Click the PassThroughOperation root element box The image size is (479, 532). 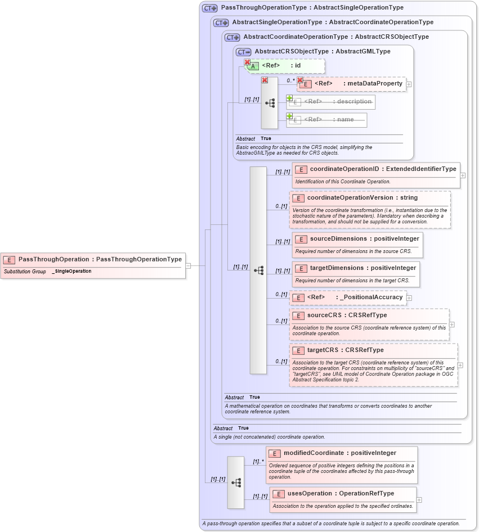(x=93, y=260)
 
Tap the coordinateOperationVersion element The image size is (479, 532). (x=362, y=198)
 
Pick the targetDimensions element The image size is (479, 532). (x=362, y=268)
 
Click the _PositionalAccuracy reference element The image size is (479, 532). (x=355, y=297)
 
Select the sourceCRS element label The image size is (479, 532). (x=347, y=315)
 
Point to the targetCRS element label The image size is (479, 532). (x=345, y=350)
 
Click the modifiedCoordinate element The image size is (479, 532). (x=339, y=453)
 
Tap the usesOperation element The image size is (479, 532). (x=341, y=494)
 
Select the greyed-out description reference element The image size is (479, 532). (x=337, y=102)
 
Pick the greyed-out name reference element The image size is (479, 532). (x=328, y=120)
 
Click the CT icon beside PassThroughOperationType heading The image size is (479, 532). (x=210, y=8)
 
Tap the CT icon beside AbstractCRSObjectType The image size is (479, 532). (x=244, y=52)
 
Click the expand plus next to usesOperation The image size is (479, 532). (x=419, y=499)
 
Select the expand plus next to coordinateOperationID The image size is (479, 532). (x=463, y=175)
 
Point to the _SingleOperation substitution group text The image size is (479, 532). (x=72, y=272)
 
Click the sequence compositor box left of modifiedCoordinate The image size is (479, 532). (x=236, y=483)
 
